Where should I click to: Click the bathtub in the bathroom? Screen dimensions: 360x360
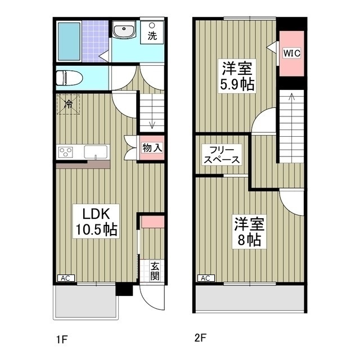(x=70, y=40)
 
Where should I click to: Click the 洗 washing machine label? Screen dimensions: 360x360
(x=152, y=35)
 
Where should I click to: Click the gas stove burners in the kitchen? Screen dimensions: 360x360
(x=66, y=151)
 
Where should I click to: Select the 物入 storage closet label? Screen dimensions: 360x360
(x=152, y=148)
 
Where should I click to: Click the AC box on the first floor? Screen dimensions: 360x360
(x=65, y=278)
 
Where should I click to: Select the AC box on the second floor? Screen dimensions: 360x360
(x=205, y=278)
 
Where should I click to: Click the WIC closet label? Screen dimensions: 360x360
(x=292, y=53)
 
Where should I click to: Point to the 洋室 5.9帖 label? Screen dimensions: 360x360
(x=236, y=77)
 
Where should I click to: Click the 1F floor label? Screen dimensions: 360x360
(x=61, y=339)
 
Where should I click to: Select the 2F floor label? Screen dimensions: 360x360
(x=200, y=339)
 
